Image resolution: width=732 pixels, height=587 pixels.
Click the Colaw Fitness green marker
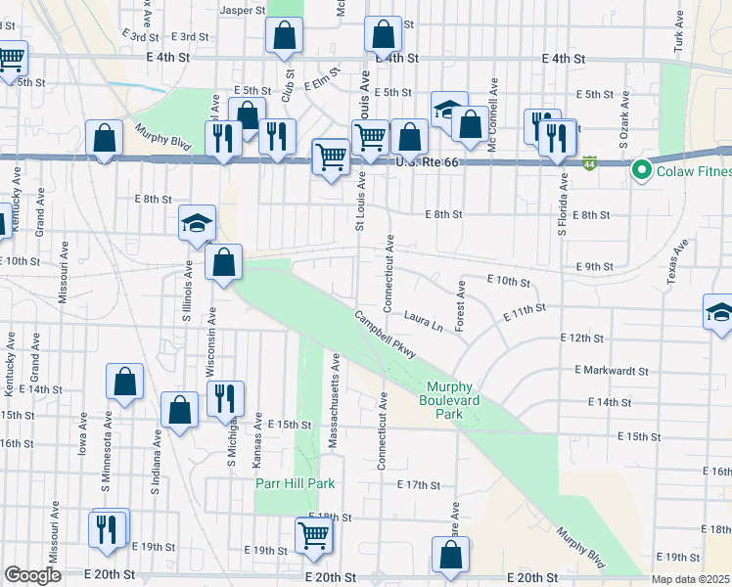(x=642, y=171)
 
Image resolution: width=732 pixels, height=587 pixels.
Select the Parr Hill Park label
(x=296, y=483)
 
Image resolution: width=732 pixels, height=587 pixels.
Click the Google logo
(x=33, y=575)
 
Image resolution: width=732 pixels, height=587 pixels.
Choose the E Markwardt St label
(x=613, y=371)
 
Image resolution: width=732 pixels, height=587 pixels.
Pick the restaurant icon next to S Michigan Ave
(x=226, y=397)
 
